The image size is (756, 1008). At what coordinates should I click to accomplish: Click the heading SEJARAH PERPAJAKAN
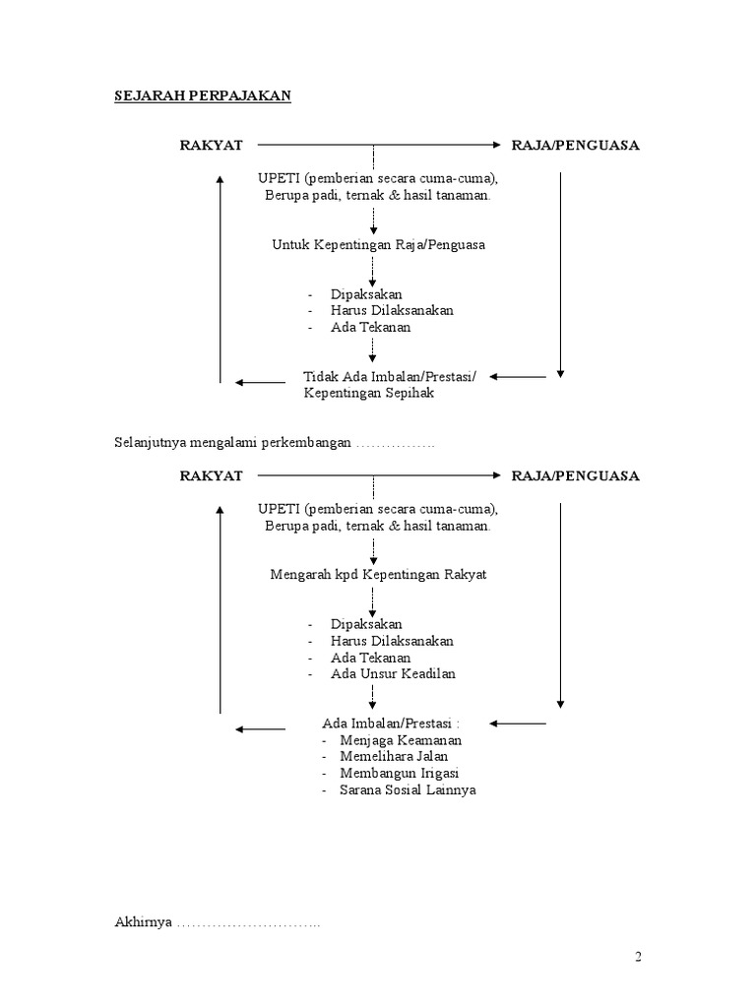(203, 95)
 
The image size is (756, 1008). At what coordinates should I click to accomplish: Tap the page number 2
(638, 957)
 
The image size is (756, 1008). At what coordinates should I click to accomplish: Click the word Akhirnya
(144, 921)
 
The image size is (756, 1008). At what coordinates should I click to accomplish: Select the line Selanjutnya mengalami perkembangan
(232, 442)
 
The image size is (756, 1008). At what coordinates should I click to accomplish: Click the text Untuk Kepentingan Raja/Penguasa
(378, 244)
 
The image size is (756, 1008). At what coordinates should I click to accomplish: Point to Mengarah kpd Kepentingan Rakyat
(378, 574)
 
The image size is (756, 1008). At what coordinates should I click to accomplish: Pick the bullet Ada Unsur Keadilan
(393, 673)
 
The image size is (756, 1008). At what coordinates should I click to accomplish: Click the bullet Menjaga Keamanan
(401, 740)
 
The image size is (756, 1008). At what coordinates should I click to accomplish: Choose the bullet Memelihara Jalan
(394, 756)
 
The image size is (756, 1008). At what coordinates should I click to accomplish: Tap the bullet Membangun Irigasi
(399, 773)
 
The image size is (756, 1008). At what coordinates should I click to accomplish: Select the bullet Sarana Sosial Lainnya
(408, 789)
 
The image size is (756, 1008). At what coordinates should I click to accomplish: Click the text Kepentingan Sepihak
(369, 393)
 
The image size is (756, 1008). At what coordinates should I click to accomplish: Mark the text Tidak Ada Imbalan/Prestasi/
(390, 377)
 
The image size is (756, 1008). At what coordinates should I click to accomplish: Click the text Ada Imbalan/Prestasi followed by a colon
(390, 724)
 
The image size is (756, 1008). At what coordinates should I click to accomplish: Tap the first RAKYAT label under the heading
(211, 146)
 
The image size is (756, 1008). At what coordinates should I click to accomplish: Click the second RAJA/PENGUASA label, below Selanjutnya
(575, 475)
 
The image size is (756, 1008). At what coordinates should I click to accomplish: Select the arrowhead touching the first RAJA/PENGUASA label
(496, 145)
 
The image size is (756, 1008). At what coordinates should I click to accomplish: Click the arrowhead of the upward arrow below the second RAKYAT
(220, 509)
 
